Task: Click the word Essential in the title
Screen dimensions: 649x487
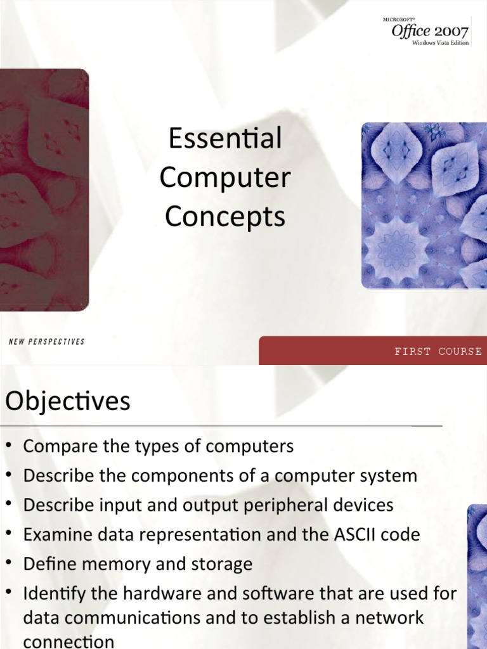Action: tap(225, 139)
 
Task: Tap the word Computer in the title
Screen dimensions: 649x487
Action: tap(225, 178)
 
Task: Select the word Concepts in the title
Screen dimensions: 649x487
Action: tap(225, 217)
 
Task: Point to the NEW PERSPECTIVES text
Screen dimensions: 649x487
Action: tap(46, 342)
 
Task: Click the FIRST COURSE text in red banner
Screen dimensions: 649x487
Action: tap(438, 351)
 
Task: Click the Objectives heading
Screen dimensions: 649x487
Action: tap(68, 401)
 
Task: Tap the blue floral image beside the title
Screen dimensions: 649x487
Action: tap(424, 205)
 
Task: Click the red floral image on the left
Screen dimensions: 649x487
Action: tap(43, 190)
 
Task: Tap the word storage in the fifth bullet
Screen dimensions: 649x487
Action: tap(223, 564)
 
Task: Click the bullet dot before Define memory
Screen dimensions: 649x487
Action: tap(9, 563)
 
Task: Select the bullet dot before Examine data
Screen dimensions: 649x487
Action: tap(9, 534)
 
